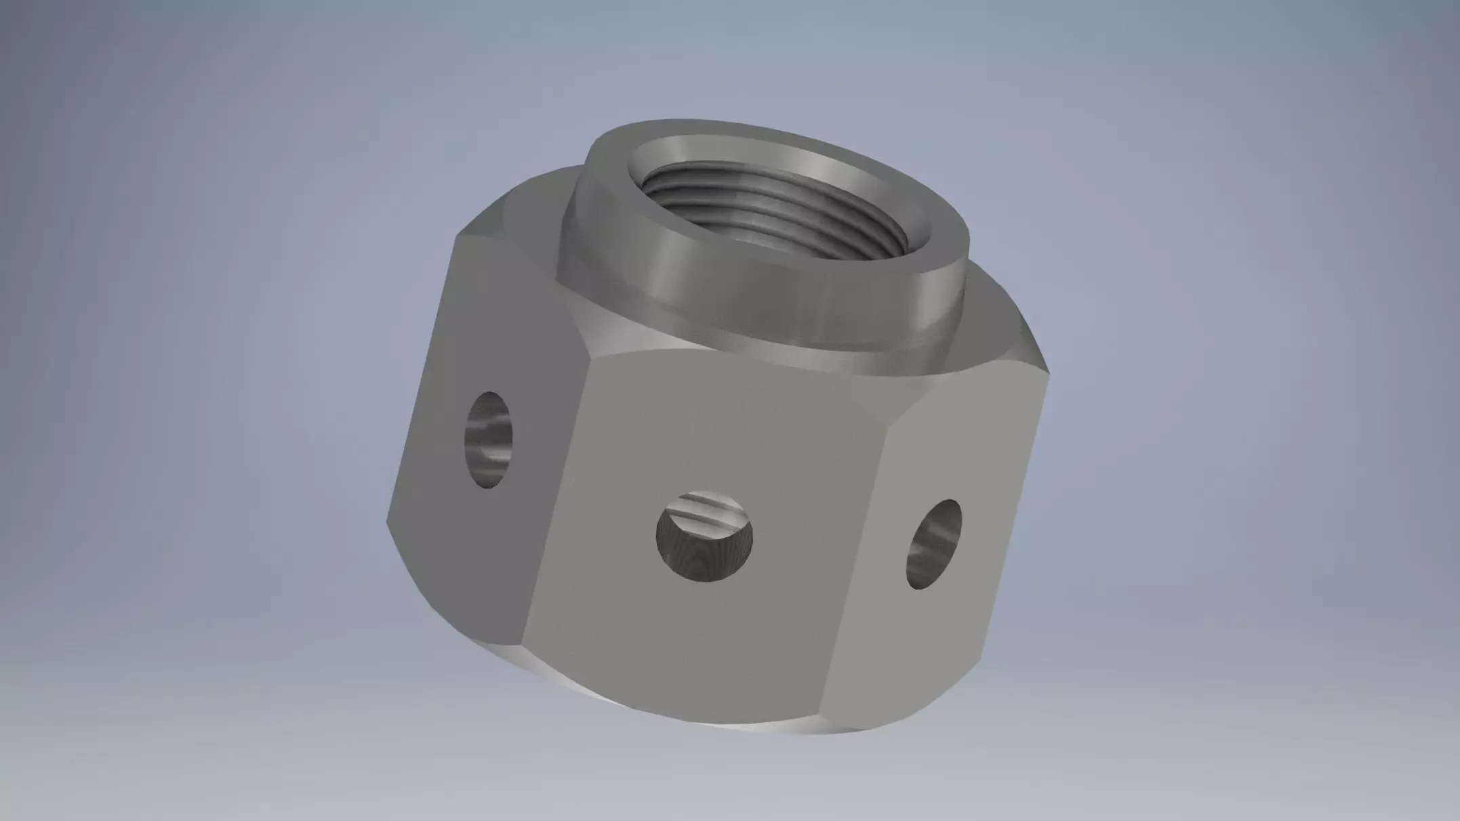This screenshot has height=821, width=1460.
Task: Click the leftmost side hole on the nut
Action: (488, 440)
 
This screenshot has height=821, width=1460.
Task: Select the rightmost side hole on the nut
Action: (934, 544)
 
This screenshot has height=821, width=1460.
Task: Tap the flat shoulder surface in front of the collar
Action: (678, 345)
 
